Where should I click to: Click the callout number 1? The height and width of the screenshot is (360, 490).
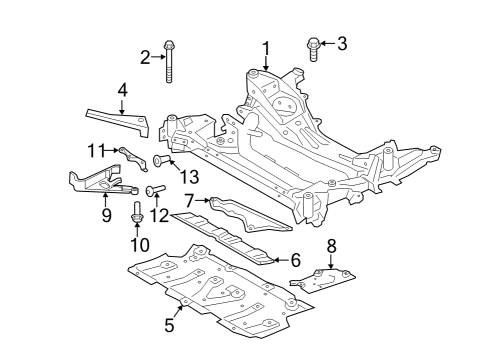pos(267,47)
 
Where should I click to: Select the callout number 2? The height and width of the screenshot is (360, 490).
pos(145,57)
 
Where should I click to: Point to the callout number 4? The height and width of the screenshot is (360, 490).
pos(122,91)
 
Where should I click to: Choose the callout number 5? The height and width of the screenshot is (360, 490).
pos(170,326)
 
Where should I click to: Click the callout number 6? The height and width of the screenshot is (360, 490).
pos(295,260)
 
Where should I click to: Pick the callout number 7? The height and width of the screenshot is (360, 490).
pos(189,201)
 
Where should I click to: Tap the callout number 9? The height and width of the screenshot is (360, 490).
pos(106,214)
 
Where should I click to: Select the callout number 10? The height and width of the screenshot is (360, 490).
pos(138,244)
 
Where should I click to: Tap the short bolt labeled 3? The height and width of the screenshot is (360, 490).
pos(313,46)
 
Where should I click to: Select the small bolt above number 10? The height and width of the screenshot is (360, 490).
pos(138,212)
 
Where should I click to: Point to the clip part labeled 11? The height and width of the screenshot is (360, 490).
pos(128,155)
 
